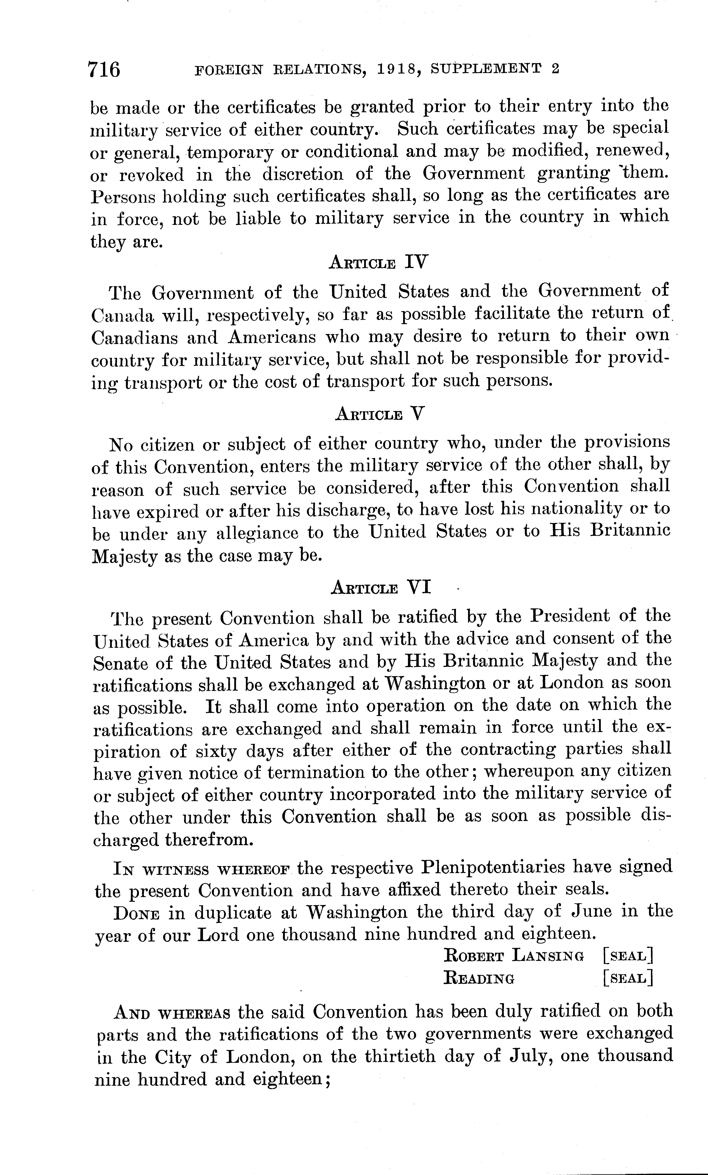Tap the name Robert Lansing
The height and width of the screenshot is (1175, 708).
514,956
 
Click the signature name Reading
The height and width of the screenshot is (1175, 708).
479,978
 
